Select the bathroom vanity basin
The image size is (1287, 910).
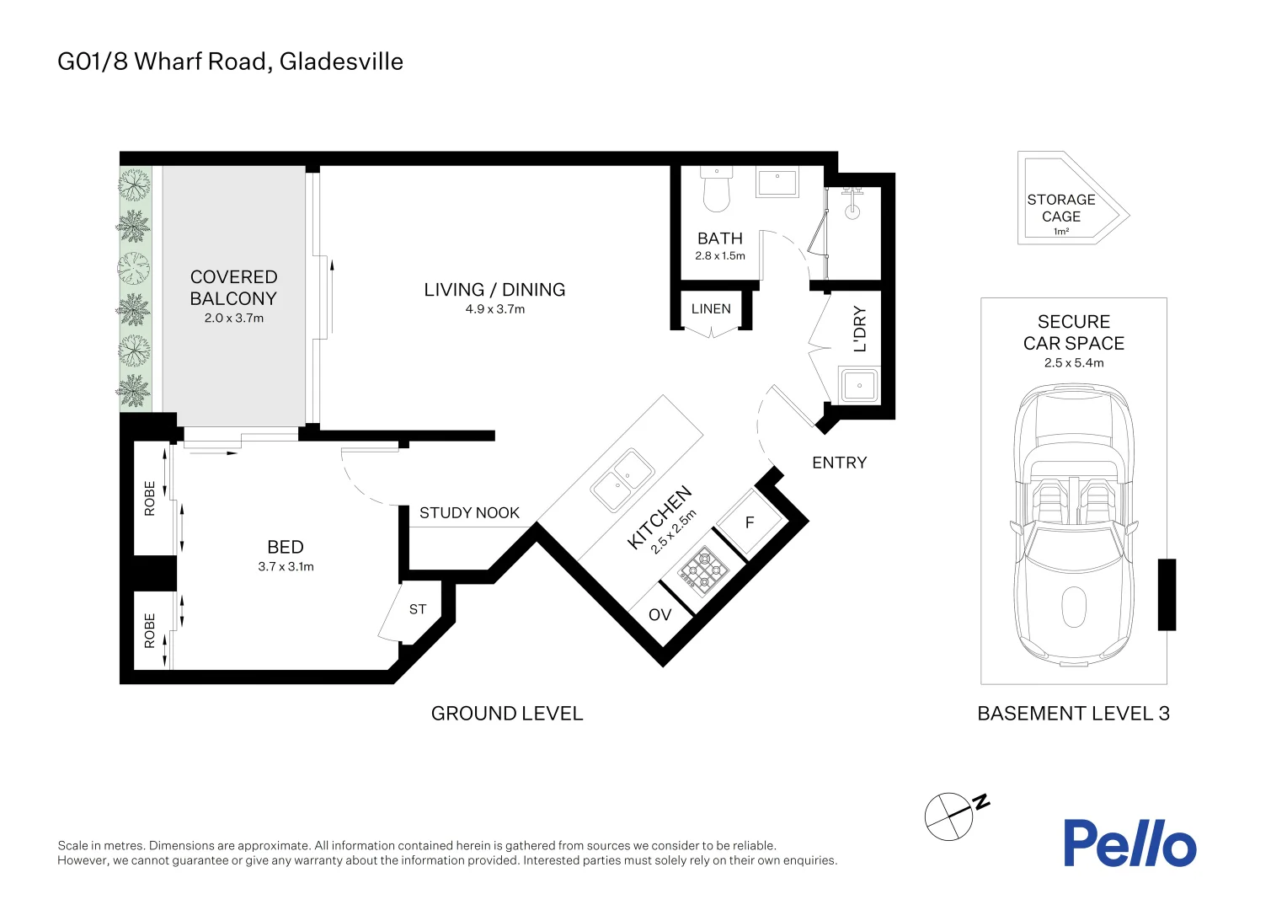(x=777, y=183)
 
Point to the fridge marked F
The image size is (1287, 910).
(x=750, y=523)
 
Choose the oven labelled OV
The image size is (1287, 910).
(x=660, y=615)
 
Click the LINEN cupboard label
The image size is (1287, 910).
(x=711, y=309)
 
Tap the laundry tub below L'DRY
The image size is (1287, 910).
(x=859, y=386)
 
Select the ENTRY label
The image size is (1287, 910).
(x=839, y=463)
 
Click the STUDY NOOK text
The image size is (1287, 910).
(x=469, y=513)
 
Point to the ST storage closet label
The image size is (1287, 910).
(x=418, y=609)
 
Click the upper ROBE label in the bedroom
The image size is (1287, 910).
(x=150, y=498)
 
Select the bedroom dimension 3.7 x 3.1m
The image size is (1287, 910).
(x=286, y=567)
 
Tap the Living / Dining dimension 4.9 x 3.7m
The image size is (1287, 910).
(x=494, y=309)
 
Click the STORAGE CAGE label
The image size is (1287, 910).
(x=1060, y=208)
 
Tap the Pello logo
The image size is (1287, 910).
(x=1129, y=843)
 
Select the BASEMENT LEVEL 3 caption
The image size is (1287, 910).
(x=1073, y=714)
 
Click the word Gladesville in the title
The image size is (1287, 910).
(x=341, y=62)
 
